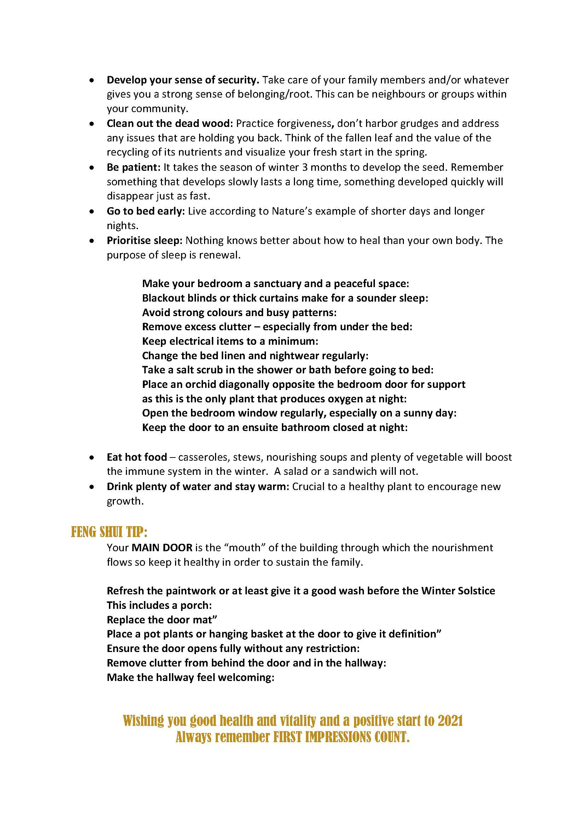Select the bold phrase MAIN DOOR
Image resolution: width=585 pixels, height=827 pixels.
pyautogui.click(x=162, y=548)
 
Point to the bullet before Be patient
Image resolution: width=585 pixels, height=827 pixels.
pyautogui.click(x=93, y=168)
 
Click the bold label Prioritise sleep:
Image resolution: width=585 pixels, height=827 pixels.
pyautogui.click(x=145, y=240)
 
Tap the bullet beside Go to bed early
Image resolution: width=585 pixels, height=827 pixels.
pyautogui.click(x=93, y=211)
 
